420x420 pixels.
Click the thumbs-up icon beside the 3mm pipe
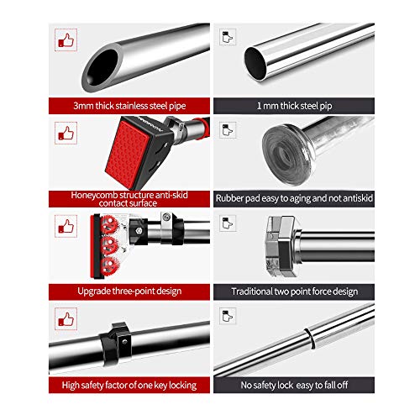(x=66, y=40)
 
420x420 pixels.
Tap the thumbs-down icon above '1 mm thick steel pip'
(x=228, y=37)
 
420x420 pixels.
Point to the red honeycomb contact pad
(x=128, y=155)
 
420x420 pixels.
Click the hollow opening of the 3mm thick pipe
(x=102, y=67)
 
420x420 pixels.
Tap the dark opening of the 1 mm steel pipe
(x=256, y=64)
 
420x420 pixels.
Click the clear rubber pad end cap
(x=288, y=154)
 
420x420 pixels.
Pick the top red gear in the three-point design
(x=109, y=224)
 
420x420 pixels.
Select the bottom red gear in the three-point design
(x=109, y=266)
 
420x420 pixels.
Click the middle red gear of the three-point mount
(x=109, y=245)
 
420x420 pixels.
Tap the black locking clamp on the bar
(x=115, y=344)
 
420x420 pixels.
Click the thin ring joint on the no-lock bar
(x=309, y=339)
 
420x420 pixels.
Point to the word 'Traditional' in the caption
(x=251, y=291)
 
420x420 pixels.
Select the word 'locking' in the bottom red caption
(x=183, y=386)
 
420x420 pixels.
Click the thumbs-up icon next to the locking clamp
(x=66, y=319)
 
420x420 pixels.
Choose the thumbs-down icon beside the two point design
(x=228, y=223)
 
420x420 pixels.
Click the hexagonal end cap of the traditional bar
(x=281, y=246)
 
